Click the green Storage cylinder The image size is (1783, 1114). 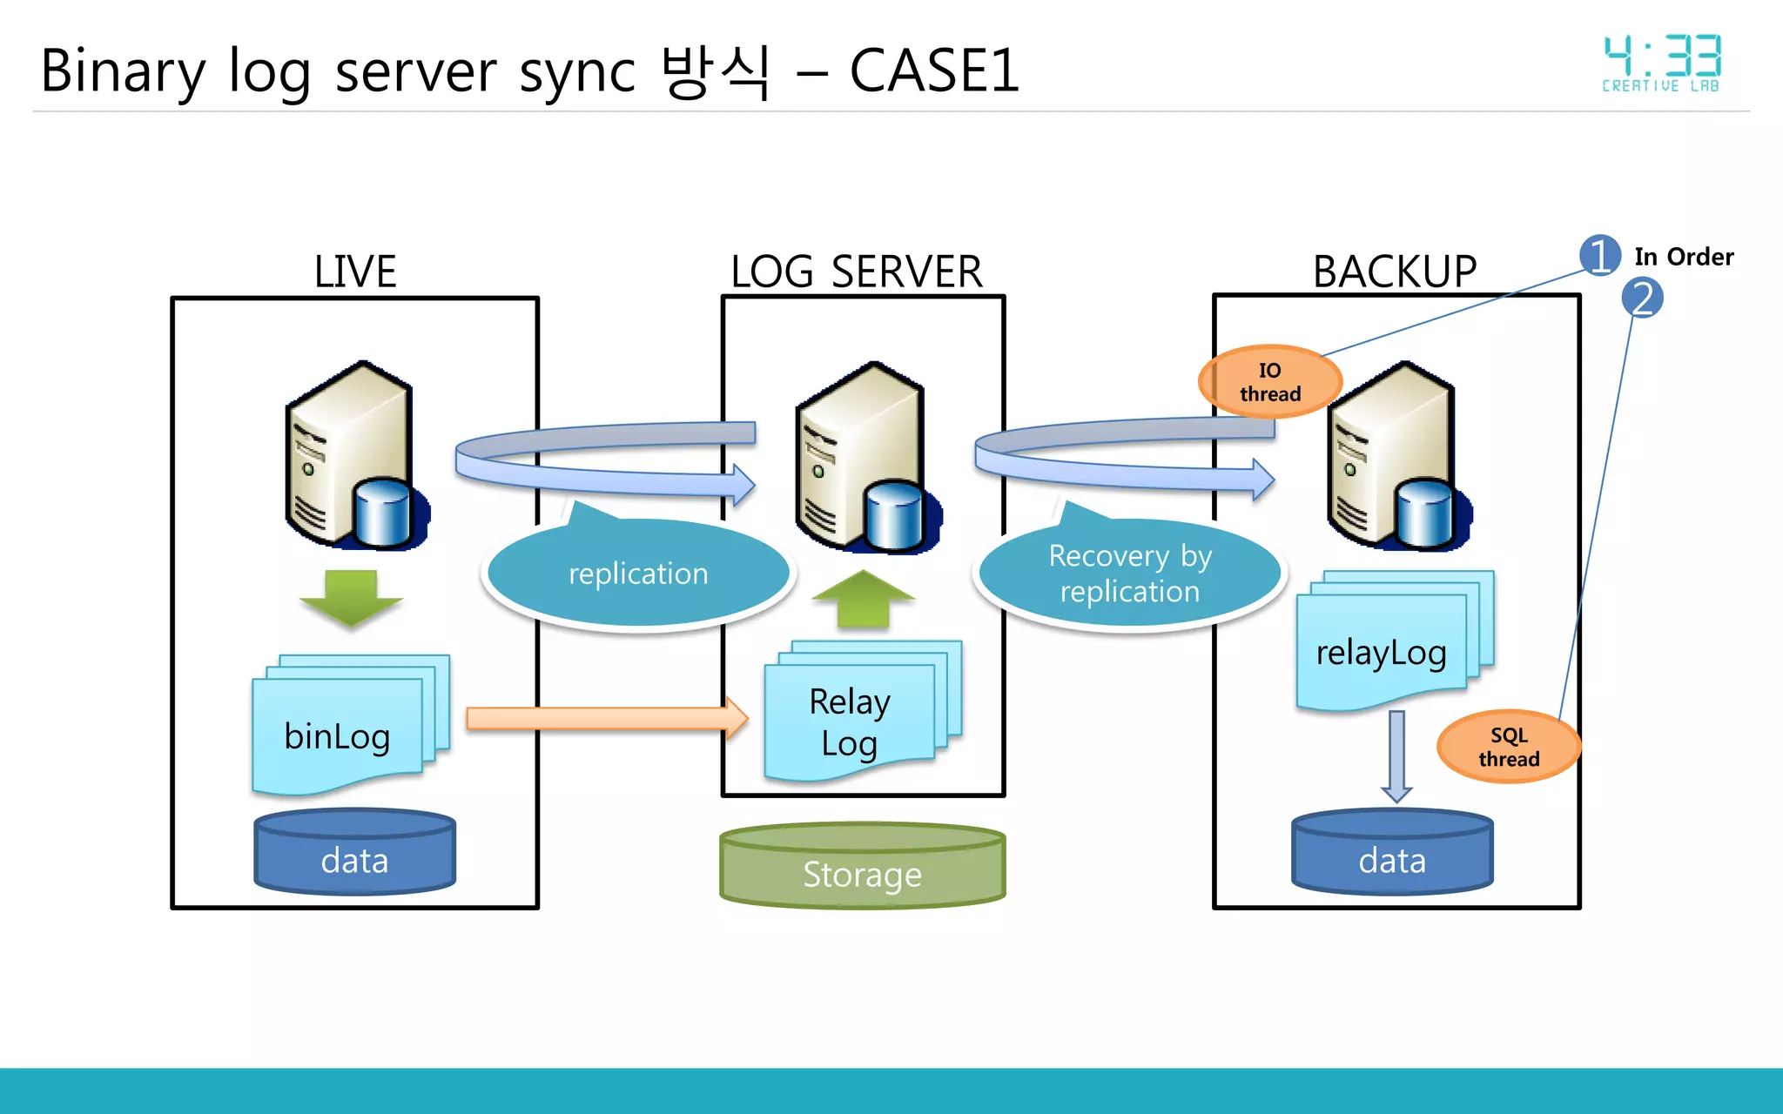(862, 866)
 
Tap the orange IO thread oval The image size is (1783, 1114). (1270, 382)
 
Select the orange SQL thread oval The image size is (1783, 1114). (1509, 747)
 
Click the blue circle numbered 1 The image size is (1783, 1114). (1600, 256)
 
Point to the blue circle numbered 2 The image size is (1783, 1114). (1642, 298)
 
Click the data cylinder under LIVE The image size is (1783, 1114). (354, 853)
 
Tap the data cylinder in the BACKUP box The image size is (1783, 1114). (1392, 853)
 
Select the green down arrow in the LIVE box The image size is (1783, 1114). (351, 597)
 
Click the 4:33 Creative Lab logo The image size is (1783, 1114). (1661, 64)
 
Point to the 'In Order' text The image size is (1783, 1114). (1684, 257)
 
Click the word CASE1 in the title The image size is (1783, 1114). (933, 70)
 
